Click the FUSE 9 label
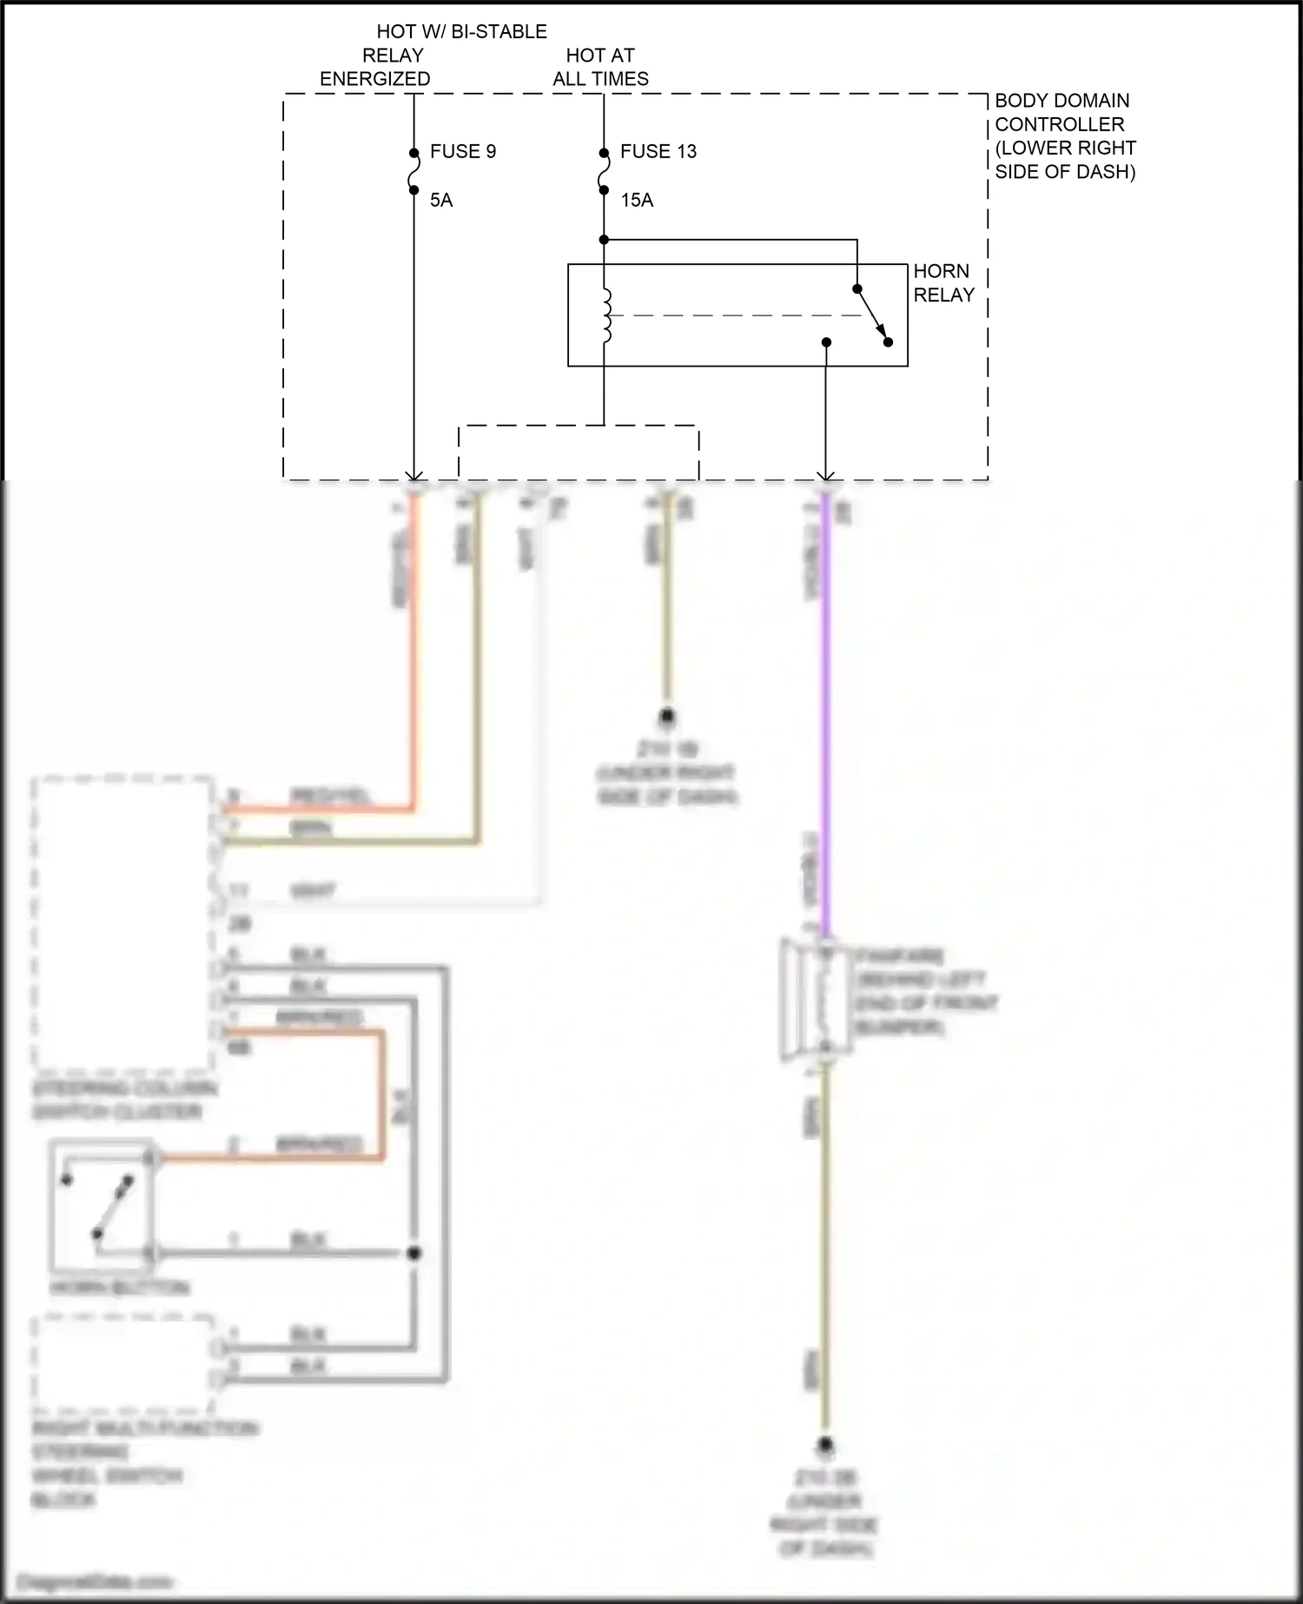(x=462, y=151)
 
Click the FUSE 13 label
(x=658, y=151)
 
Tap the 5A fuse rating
(x=441, y=201)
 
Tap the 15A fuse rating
(x=637, y=201)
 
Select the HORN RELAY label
(x=943, y=283)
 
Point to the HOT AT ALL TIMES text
(x=600, y=67)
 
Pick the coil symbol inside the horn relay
(x=605, y=315)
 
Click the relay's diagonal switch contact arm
(x=871, y=315)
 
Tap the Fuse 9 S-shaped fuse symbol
(x=413, y=171)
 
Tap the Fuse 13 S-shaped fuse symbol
(x=604, y=171)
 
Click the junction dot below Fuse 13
(x=604, y=240)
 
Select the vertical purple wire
(x=825, y=713)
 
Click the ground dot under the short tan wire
(x=667, y=717)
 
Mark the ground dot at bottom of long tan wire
(x=825, y=1447)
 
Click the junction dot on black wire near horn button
(x=414, y=1253)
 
